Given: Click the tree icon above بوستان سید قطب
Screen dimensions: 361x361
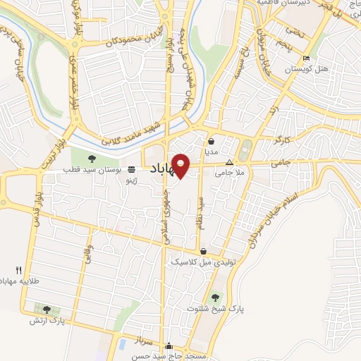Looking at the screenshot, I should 92,158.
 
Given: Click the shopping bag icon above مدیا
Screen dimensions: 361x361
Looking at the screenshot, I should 212,140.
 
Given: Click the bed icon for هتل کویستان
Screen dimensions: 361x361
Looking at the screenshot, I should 305,59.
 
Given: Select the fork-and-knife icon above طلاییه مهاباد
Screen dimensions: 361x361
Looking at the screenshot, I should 19,270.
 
